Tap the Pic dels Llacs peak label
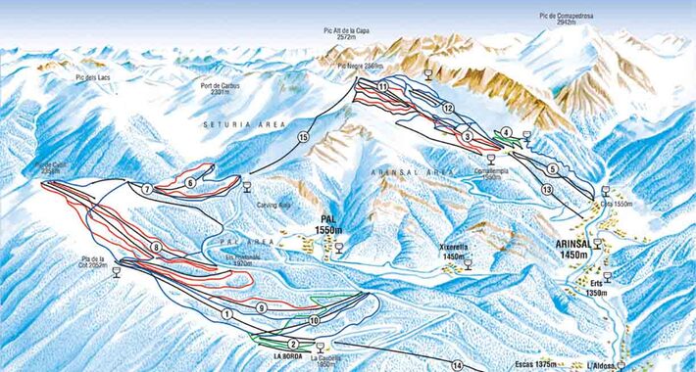coord(94,76)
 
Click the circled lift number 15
coord(303,138)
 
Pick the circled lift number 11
coord(382,88)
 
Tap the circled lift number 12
coord(447,108)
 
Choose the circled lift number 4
coord(506,132)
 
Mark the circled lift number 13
coord(546,188)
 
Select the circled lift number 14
coord(457,364)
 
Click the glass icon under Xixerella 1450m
coord(470,262)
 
